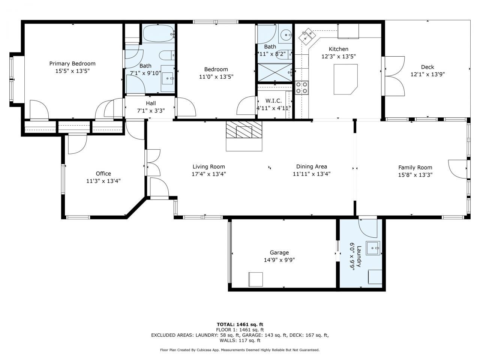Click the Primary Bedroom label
(x=72, y=63)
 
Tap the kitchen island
(x=345, y=79)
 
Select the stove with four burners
(x=301, y=87)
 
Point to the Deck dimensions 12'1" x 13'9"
(x=427, y=74)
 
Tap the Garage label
(x=279, y=252)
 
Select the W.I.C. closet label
(x=273, y=101)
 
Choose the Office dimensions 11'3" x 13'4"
(x=103, y=181)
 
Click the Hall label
(x=151, y=103)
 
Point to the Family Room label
(x=415, y=168)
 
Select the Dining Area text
(x=311, y=166)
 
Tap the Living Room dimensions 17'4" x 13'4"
(x=208, y=174)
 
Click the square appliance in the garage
(x=255, y=279)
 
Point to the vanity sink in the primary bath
(x=168, y=78)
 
